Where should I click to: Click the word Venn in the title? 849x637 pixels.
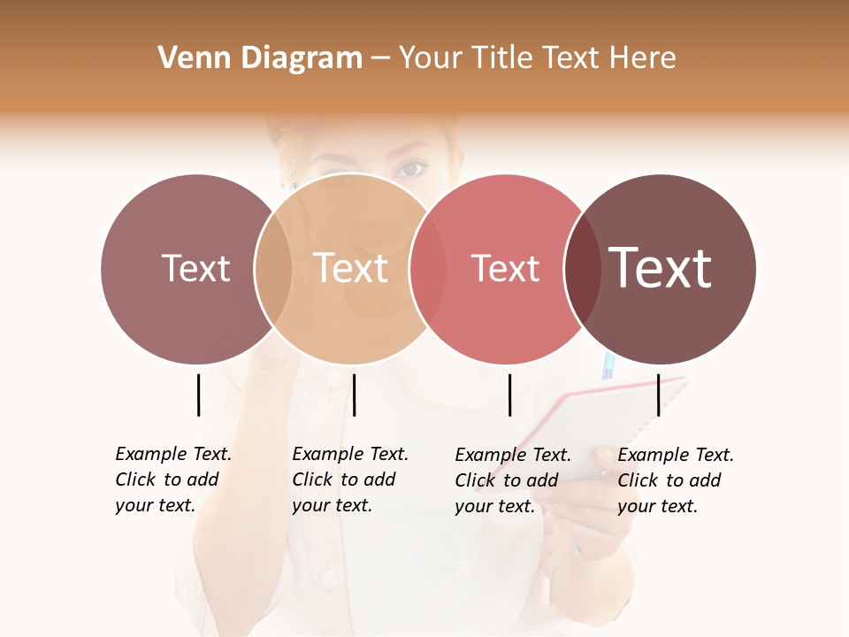(x=188, y=58)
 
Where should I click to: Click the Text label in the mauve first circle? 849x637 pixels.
(x=195, y=268)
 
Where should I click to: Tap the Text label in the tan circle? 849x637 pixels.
(x=351, y=268)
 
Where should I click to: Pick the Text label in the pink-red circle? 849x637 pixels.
(x=506, y=268)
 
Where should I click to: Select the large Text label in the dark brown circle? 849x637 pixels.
(x=661, y=268)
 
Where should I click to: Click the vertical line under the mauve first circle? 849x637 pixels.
(x=198, y=395)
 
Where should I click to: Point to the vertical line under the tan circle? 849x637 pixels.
(x=354, y=395)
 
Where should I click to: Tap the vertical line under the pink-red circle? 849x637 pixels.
(x=509, y=395)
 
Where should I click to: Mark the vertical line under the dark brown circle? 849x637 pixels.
(x=659, y=395)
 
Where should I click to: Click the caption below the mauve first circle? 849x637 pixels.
(x=172, y=480)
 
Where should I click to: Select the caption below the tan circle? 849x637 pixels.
(x=349, y=480)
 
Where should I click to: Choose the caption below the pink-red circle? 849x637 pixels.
(x=512, y=480)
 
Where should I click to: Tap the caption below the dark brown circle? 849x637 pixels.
(x=675, y=480)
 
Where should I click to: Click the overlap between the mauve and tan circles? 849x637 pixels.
(x=273, y=268)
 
